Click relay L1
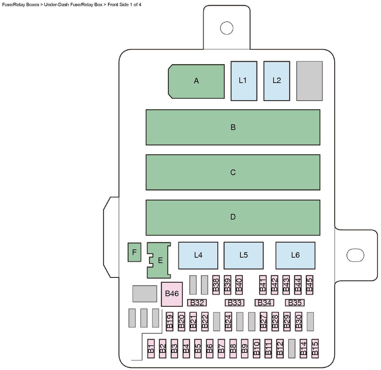(x=244, y=81)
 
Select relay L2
(x=276, y=81)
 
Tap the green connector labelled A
(x=196, y=81)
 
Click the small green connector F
(x=134, y=252)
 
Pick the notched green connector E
(x=160, y=260)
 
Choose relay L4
(x=198, y=255)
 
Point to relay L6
(x=295, y=255)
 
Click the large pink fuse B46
(x=172, y=294)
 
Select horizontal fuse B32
(x=197, y=303)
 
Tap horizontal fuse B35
(x=295, y=303)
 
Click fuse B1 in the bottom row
(x=151, y=348)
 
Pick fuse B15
(x=315, y=348)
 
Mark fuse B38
(x=216, y=285)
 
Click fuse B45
(x=309, y=285)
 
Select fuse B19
(x=169, y=321)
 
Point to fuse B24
(x=228, y=321)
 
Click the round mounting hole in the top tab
(x=227, y=28)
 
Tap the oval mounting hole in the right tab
(x=355, y=255)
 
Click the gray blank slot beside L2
(x=309, y=81)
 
